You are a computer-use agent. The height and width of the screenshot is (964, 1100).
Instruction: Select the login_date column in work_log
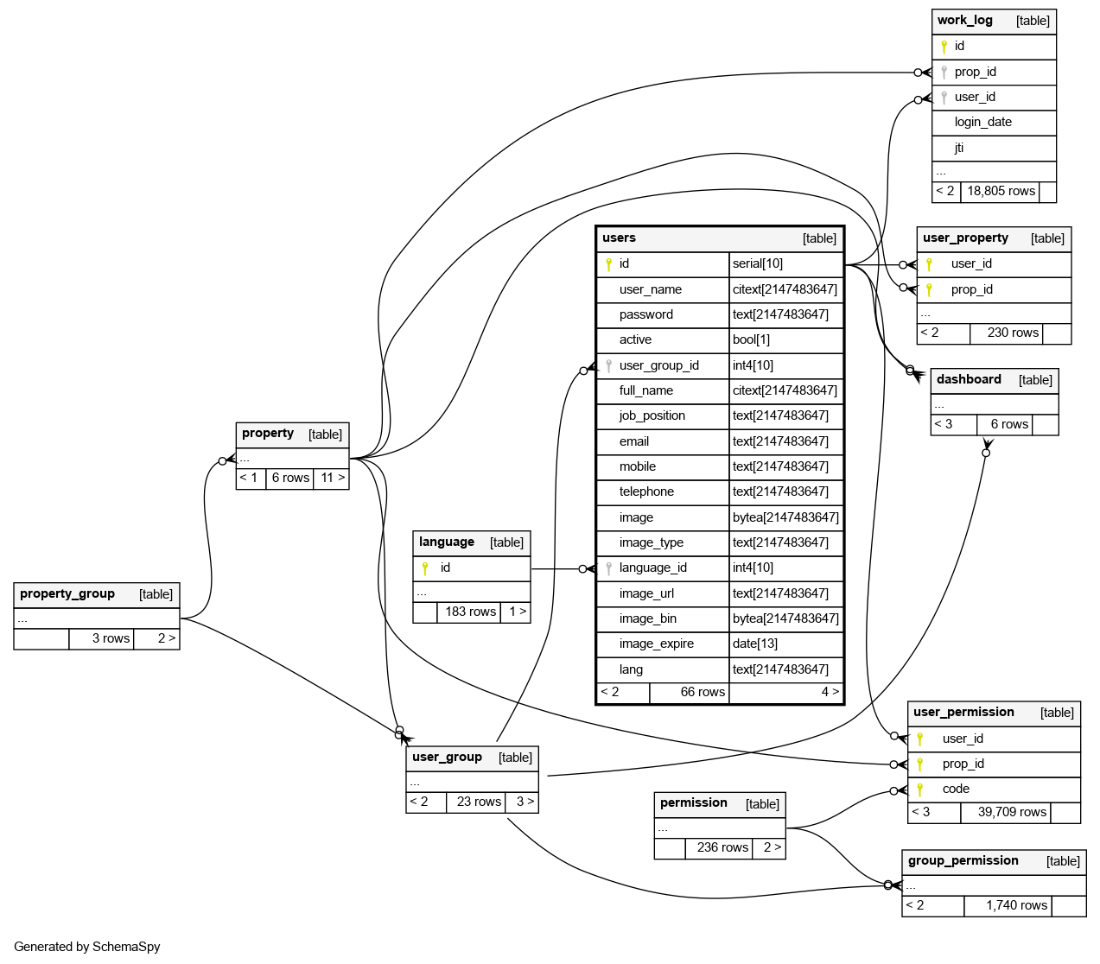[982, 122]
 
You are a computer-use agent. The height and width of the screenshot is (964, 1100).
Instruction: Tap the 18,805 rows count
[1001, 191]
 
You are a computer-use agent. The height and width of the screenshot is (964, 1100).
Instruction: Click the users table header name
[619, 238]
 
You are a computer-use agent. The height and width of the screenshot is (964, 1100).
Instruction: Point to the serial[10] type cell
[758, 263]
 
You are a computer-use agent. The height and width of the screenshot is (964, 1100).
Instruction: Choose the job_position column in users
[652, 415]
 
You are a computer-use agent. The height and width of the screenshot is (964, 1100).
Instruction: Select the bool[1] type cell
[751, 339]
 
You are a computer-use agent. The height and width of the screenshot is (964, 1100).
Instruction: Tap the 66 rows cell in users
[703, 692]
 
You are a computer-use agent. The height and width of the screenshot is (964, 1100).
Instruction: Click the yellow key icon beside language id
[425, 568]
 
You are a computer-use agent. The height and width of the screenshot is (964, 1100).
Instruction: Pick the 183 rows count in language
[470, 612]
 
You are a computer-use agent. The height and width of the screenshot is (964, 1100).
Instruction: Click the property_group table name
[67, 594]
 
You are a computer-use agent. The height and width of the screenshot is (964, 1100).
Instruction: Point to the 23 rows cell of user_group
[479, 802]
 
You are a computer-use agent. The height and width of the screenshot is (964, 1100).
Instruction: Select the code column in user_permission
[956, 789]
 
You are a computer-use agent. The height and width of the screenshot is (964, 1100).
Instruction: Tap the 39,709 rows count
[1012, 812]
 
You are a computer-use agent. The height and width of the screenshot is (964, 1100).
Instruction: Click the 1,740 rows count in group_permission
[1016, 905]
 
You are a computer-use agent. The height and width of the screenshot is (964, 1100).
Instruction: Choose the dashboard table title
[969, 380]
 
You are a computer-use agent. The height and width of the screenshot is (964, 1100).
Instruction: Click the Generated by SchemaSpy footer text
[87, 947]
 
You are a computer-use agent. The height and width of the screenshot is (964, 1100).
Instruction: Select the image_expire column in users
[656, 644]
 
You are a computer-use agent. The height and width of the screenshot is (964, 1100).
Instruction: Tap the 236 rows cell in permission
[722, 847]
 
